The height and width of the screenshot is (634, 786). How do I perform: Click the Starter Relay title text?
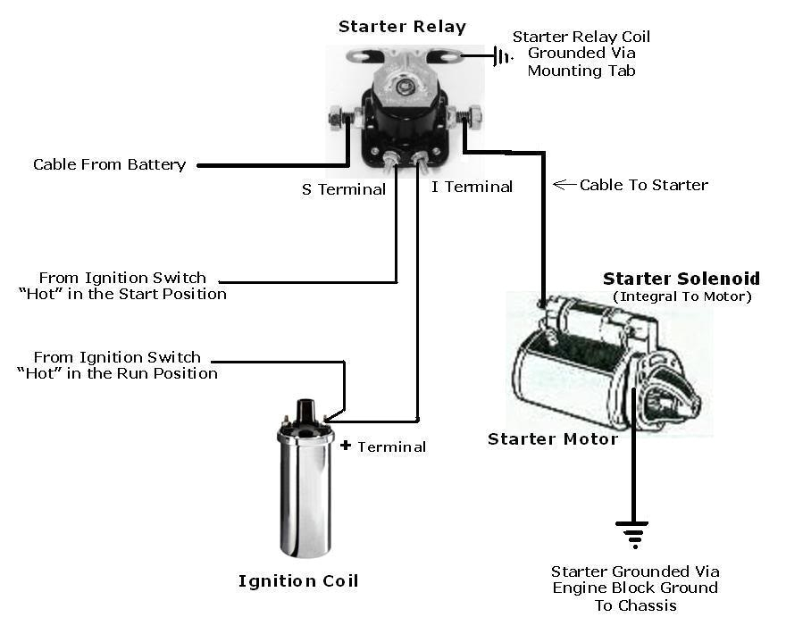402,27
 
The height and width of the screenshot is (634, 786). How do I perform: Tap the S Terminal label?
344,189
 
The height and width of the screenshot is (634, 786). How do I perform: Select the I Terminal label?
472,187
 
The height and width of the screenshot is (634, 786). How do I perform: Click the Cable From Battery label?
109,164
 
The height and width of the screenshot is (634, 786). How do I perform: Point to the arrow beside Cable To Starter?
564,185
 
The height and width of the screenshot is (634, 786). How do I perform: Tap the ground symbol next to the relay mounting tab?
502,56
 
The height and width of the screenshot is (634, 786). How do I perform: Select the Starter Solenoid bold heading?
681,279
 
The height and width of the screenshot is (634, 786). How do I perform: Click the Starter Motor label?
552,438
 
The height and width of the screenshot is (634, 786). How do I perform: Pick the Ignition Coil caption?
298,581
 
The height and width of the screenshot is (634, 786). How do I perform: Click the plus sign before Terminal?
346,445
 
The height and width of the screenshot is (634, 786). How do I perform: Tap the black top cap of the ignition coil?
305,413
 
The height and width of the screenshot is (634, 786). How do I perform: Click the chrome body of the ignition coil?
305,500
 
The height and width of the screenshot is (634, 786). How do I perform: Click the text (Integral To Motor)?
682,296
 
